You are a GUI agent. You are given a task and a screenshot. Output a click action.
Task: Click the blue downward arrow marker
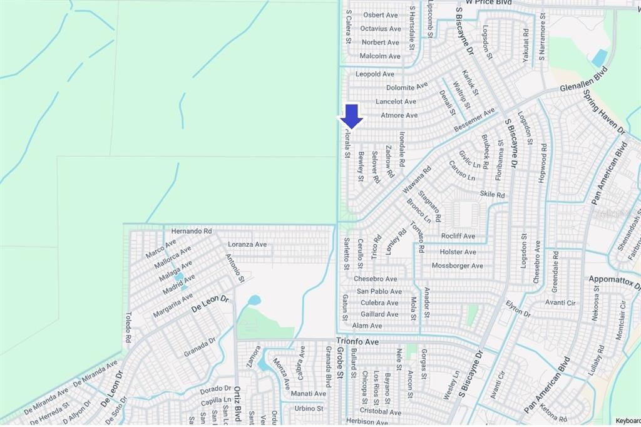[x=352, y=116]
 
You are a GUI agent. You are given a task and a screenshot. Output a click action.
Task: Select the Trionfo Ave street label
[x=357, y=342]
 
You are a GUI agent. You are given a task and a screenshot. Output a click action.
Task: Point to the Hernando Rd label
[x=191, y=231]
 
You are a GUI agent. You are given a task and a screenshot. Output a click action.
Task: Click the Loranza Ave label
[x=247, y=244]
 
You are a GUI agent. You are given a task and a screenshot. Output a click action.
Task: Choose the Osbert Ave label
[x=381, y=15]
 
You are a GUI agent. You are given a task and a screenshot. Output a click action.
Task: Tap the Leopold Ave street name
[x=375, y=74]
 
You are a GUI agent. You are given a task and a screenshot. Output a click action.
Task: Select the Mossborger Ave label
[x=458, y=265]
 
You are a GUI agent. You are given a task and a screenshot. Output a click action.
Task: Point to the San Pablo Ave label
[x=379, y=291]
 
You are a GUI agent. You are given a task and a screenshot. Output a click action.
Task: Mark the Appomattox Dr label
[x=614, y=279]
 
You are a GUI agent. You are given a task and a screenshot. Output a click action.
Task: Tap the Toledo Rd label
[x=128, y=327]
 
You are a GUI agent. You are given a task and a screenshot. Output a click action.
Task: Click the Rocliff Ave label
[x=458, y=236]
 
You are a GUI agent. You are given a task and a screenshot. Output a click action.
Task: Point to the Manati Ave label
[x=309, y=393]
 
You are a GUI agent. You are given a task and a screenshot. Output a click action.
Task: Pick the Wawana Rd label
[x=417, y=178]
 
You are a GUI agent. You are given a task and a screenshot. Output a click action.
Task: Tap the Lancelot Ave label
[x=396, y=101]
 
